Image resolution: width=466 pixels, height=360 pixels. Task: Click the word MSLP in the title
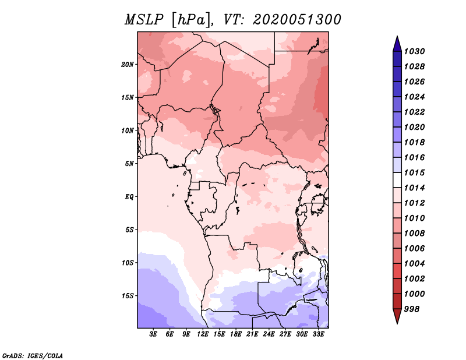144,20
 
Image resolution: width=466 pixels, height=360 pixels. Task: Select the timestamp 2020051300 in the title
297,20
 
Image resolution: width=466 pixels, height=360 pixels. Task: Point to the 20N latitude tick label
128,65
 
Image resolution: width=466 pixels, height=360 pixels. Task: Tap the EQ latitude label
129,197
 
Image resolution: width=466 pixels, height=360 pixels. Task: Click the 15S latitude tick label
128,296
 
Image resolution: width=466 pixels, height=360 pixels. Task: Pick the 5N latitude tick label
129,164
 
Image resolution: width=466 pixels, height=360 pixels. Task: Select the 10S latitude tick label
128,263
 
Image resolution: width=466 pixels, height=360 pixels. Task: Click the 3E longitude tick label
153,334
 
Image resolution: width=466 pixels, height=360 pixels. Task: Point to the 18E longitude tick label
236,334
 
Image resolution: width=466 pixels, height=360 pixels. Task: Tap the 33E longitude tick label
318,334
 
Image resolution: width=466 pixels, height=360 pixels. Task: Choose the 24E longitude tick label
269,334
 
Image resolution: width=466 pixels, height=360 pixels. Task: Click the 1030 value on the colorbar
415,51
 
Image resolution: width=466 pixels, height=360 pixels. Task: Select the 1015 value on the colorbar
415,172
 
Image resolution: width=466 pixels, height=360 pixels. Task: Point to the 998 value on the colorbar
412,309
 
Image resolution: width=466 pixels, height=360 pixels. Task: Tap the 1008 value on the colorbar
415,234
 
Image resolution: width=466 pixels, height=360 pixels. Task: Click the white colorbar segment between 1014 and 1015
397,180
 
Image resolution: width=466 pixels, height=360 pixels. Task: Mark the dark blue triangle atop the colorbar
397,44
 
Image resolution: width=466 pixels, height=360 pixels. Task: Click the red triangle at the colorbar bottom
397,316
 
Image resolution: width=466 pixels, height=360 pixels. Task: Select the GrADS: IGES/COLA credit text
33,355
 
